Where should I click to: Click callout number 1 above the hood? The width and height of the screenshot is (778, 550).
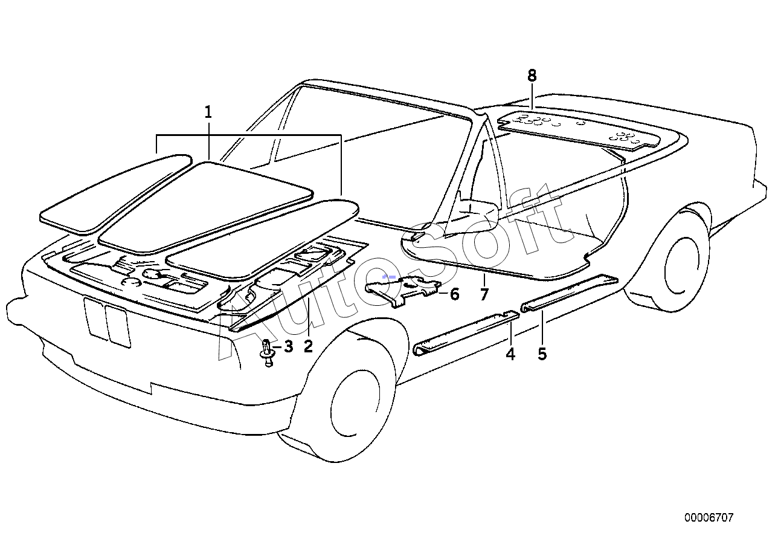208,112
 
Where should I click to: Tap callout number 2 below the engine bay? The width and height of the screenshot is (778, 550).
308,346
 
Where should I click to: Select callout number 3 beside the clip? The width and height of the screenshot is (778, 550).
288,346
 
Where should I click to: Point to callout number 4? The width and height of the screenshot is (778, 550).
510,354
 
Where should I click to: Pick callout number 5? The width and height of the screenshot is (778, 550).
542,354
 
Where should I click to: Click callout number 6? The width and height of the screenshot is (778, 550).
454,294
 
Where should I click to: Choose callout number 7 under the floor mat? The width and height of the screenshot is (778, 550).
484,294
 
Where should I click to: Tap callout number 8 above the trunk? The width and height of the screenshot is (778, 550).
532,76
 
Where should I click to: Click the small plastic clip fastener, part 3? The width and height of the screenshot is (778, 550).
267,352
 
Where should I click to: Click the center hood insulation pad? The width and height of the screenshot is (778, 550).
205,207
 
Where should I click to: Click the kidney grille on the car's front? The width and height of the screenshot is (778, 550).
107,322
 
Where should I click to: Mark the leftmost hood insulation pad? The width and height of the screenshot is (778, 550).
115,193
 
